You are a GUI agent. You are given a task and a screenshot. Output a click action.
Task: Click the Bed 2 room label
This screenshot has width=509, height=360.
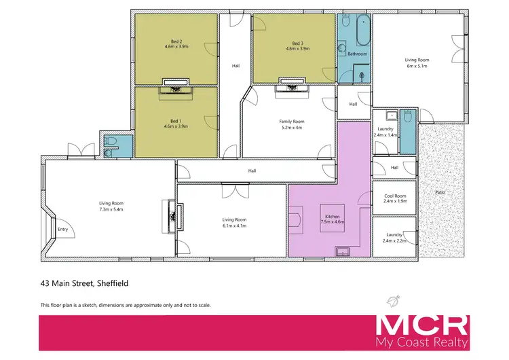[176, 42]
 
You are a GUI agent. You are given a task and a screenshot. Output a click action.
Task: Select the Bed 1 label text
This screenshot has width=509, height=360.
[176, 121]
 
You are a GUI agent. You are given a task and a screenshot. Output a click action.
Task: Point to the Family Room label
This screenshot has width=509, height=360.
[290, 121]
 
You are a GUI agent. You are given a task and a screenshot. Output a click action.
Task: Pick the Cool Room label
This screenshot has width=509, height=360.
[395, 196]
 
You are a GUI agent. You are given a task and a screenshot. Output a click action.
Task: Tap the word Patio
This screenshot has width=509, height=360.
[441, 192]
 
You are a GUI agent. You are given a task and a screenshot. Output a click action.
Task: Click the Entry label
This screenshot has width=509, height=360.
[63, 230]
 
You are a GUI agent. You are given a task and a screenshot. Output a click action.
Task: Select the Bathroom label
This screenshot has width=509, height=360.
[357, 53]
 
